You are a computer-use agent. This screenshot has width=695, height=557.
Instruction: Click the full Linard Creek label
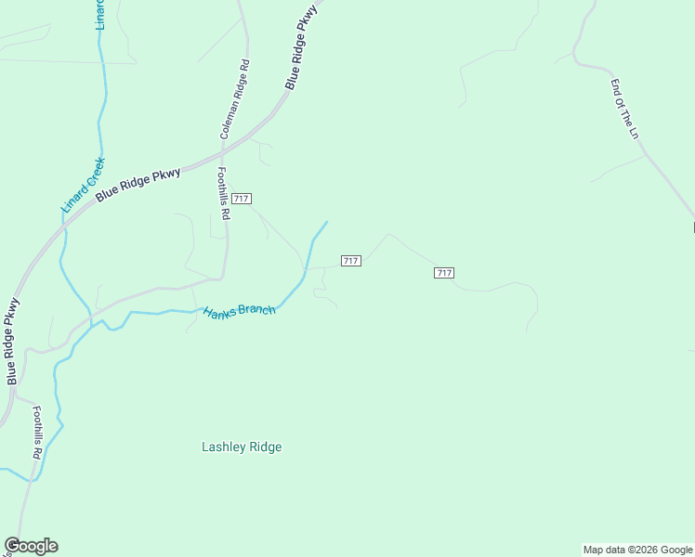point(84,185)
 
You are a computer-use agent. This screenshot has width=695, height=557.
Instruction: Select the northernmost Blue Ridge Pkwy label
point(301,46)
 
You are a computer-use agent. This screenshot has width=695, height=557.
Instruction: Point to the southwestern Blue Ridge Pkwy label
point(12,342)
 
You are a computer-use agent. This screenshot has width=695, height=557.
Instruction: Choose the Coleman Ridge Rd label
point(234,100)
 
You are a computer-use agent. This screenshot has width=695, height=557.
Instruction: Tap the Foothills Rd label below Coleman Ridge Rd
point(223,193)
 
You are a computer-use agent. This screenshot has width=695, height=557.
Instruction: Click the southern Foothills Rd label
point(38,434)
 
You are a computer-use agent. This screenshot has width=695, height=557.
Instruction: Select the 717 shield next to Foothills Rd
point(242,200)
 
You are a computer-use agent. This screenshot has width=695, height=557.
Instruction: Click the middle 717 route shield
point(350,261)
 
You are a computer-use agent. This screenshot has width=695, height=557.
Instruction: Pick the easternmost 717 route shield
point(443,272)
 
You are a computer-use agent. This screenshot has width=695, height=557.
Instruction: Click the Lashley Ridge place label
point(242,447)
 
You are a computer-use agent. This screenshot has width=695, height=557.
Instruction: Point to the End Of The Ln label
point(625,110)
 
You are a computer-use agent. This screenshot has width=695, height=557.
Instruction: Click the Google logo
point(31,546)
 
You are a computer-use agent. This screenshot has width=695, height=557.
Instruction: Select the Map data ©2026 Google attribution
point(637,550)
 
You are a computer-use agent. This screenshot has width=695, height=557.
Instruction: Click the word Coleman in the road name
point(229,118)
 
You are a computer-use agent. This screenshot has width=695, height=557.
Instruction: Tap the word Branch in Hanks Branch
point(256,309)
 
